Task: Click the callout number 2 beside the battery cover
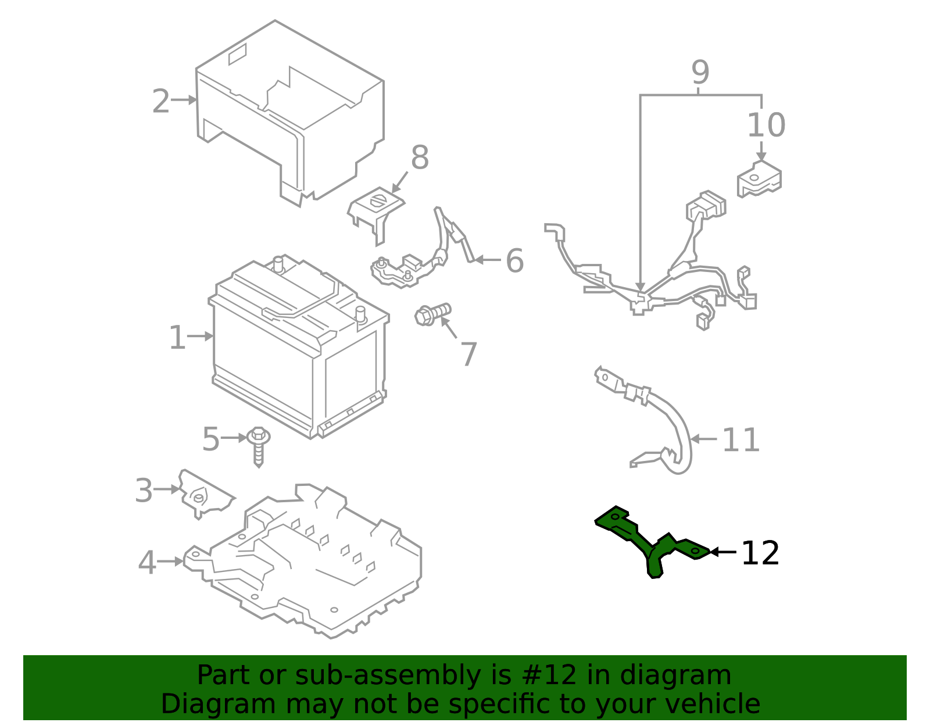pyautogui.click(x=161, y=102)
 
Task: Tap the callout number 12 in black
pyautogui.click(x=760, y=553)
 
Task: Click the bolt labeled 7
pyautogui.click(x=432, y=314)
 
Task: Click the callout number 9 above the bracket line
pyautogui.click(x=700, y=73)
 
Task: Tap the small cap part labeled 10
pyautogui.click(x=759, y=179)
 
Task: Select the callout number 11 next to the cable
pyautogui.click(x=741, y=440)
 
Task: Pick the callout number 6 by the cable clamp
pyautogui.click(x=514, y=260)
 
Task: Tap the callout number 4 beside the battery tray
pyautogui.click(x=147, y=563)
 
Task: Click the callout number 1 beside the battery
pyautogui.click(x=177, y=338)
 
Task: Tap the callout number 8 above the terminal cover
pyautogui.click(x=420, y=158)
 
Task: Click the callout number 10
pyautogui.click(x=766, y=126)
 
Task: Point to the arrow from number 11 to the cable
pyautogui.click(x=703, y=439)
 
